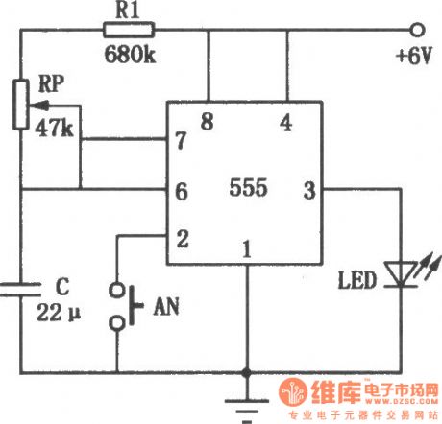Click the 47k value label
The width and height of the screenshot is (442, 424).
[x=55, y=129]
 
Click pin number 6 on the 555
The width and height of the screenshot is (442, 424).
[x=180, y=191]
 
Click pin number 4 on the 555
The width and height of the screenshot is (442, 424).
[x=285, y=122]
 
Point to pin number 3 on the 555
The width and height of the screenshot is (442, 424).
[x=309, y=190]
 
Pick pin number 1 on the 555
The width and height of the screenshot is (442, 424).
[x=247, y=250]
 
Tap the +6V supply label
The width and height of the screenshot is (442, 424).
[x=413, y=55]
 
